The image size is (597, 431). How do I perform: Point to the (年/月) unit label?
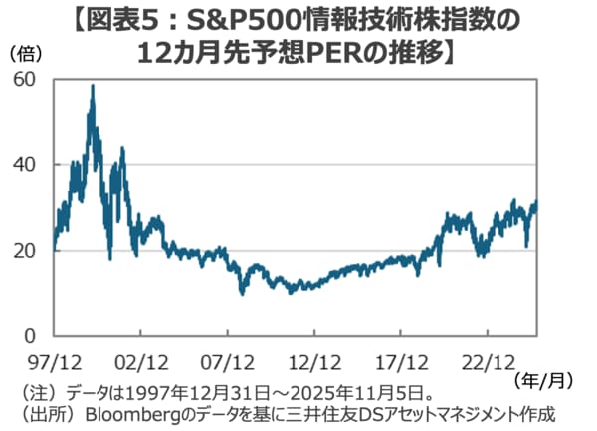point(546,379)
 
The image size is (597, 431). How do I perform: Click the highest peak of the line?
point(93,86)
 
